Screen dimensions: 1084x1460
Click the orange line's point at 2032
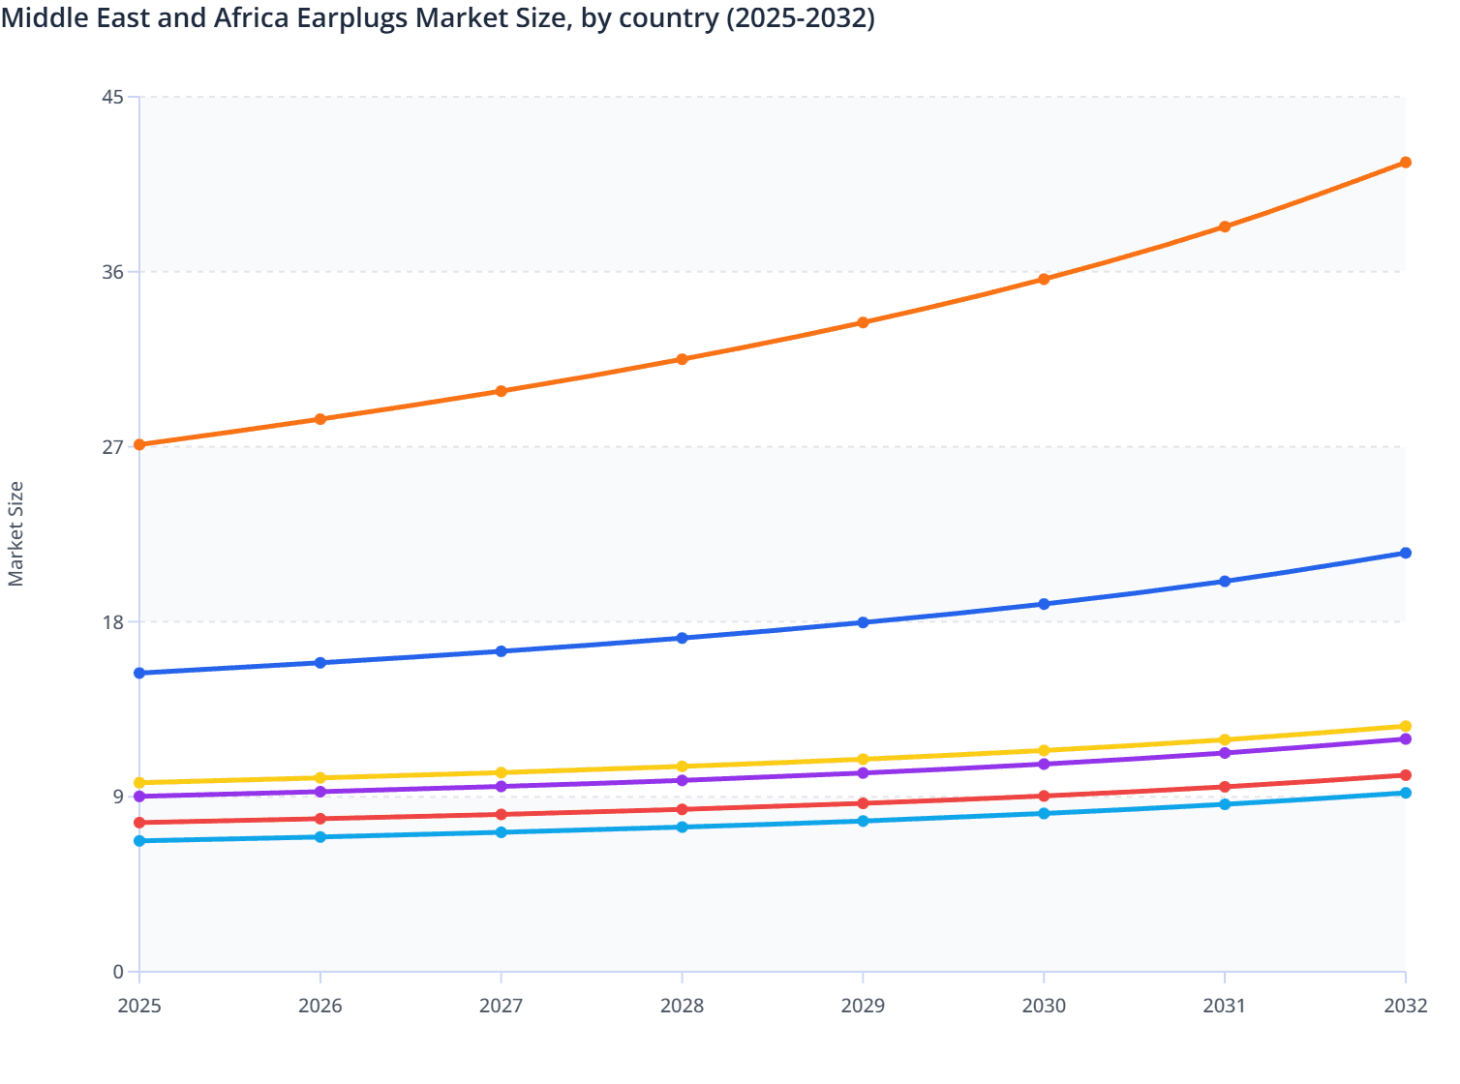point(1405,163)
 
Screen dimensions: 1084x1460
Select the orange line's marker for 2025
point(139,445)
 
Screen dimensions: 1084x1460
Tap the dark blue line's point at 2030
point(1044,604)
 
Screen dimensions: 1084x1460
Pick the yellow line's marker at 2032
point(1405,726)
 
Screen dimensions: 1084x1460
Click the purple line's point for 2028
point(682,780)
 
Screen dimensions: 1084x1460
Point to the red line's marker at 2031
point(1225,787)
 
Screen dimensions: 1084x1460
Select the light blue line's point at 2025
point(139,841)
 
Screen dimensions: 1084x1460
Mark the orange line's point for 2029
point(863,322)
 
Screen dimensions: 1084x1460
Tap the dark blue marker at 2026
point(320,663)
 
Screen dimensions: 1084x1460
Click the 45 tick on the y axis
point(112,97)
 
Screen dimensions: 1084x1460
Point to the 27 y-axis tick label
point(112,447)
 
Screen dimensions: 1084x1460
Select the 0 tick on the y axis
point(118,972)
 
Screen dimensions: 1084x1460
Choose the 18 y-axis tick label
point(112,622)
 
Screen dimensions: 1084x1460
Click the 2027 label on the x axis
point(501,1006)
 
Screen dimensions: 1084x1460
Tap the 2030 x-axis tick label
point(1044,1006)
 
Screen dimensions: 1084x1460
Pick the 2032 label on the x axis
point(1405,1006)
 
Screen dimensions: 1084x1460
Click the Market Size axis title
point(16,534)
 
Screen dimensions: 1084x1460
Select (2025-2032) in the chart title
point(801,17)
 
